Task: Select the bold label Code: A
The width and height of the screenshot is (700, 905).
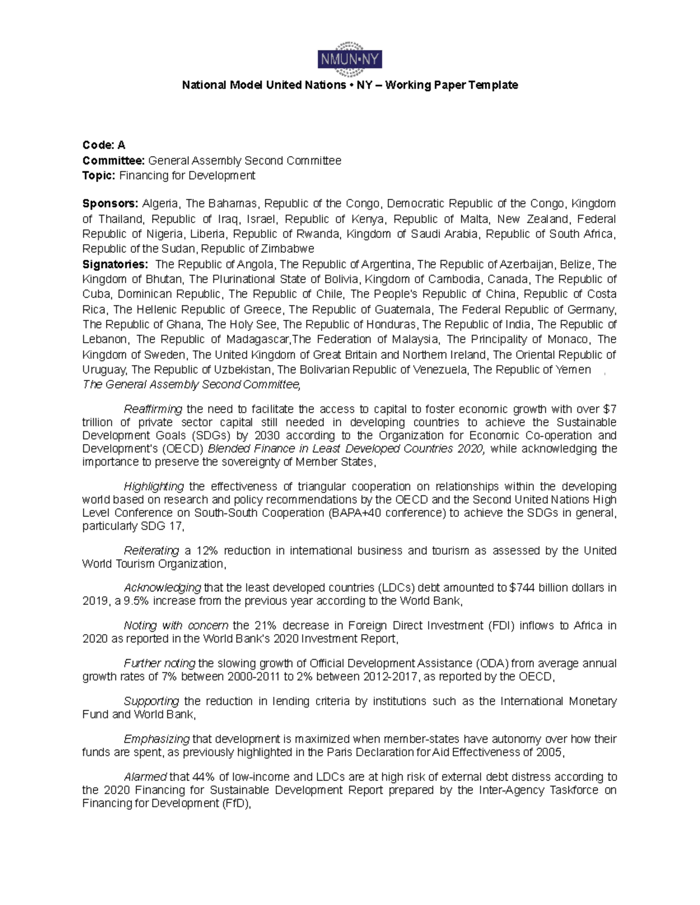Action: [104, 145]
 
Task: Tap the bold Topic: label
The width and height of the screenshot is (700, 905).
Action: [99, 175]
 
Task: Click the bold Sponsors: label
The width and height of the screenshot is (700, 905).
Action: [110, 204]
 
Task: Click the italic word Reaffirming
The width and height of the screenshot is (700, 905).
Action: [153, 409]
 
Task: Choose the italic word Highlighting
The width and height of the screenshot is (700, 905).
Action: [154, 487]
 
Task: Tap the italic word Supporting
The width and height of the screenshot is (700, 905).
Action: [151, 702]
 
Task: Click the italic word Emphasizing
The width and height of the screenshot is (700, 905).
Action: [156, 740]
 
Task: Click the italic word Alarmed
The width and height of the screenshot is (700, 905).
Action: [145, 777]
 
